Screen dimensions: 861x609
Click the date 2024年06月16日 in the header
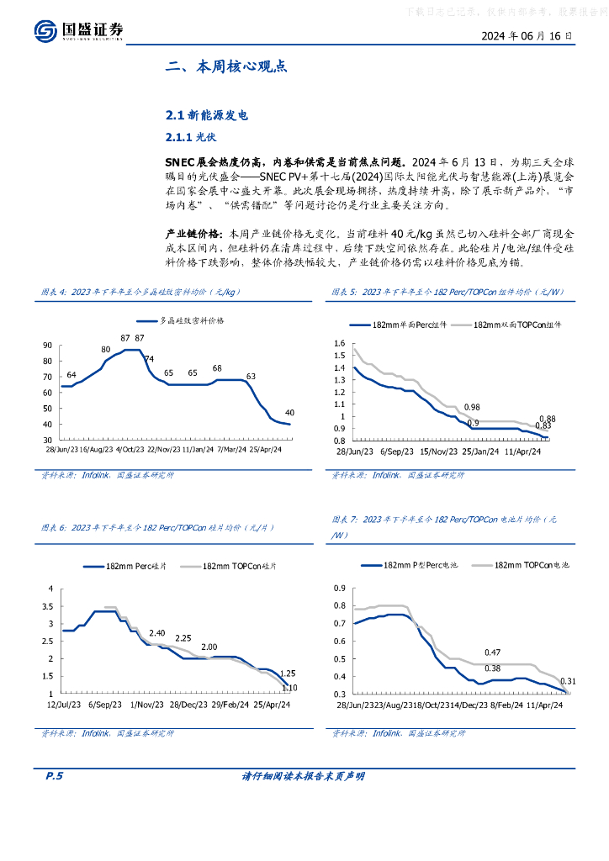tap(527, 36)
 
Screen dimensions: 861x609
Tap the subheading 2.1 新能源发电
tap(208, 115)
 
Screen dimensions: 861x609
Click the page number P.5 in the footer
tap(53, 776)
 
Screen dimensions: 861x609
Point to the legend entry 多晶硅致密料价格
tap(193, 320)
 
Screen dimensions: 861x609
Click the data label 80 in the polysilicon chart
tap(105, 349)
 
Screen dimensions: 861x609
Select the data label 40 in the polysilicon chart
tap(289, 412)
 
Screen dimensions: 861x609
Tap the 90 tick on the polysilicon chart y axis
tap(47, 345)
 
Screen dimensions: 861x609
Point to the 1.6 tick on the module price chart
tap(340, 344)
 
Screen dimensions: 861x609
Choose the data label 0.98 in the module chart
tap(472, 407)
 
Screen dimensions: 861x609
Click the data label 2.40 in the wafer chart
tap(157, 633)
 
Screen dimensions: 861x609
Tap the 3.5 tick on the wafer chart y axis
tap(49, 606)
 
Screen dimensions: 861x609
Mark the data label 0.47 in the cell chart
tap(493, 652)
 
